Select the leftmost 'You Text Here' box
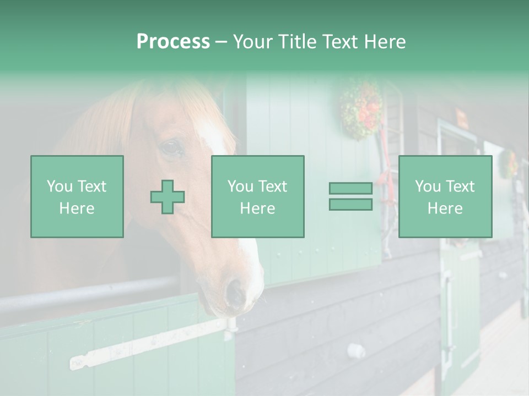77,197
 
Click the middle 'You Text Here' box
257,197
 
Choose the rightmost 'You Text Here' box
445,197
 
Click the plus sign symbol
168,197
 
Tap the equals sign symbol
350,196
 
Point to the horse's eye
171,147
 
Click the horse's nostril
235,292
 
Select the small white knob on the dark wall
356,350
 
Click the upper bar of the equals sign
350,189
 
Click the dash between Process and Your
221,42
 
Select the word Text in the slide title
342,42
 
